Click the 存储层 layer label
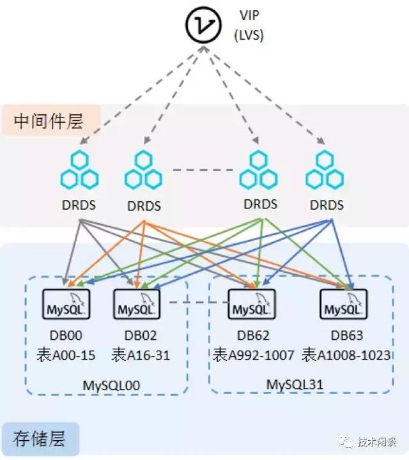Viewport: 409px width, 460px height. (39, 438)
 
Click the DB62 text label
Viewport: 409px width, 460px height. (251, 335)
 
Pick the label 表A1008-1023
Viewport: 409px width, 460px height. (346, 355)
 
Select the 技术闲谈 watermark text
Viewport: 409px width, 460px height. (377, 442)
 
